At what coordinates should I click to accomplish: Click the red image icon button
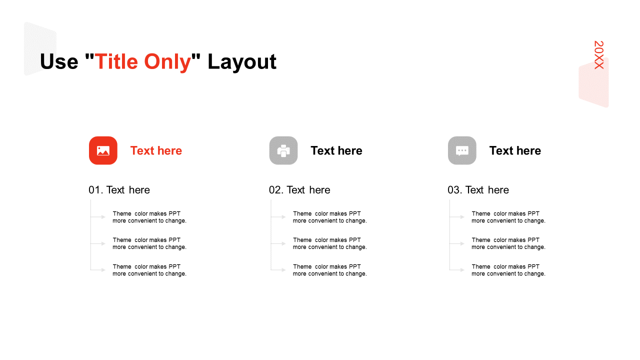point(103,150)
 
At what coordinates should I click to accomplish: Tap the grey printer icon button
point(283,150)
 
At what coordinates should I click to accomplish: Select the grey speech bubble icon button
point(462,150)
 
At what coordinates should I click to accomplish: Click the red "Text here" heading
point(156,150)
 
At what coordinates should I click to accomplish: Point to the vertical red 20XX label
point(599,55)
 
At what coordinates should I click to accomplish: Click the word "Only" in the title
point(167,61)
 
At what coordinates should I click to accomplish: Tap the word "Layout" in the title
point(241,61)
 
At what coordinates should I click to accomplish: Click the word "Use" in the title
point(59,61)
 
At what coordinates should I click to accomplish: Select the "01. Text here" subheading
point(119,190)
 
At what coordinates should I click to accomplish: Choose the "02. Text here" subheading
point(299,190)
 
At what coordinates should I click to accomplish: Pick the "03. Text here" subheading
point(478,190)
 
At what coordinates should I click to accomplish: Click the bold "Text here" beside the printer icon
point(336,150)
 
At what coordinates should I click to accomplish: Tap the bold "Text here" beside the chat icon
point(515,150)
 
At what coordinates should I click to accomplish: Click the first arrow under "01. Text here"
point(98,217)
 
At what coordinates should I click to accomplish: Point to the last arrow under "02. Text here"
point(278,269)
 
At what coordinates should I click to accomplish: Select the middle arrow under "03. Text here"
point(457,243)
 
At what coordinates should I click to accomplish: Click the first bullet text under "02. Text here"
point(329,217)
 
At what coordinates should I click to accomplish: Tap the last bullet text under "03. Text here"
point(508,270)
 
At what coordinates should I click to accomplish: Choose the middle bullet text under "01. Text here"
point(149,243)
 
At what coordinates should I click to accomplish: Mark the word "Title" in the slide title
point(116,61)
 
